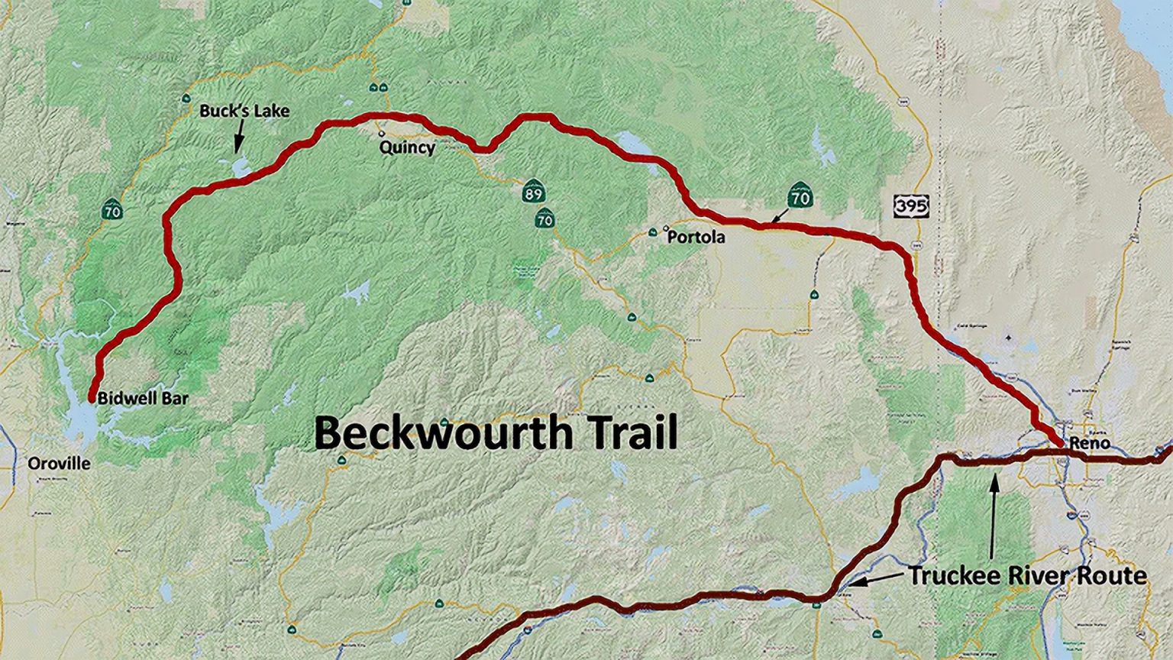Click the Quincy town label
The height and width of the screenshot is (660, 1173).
[x=407, y=147]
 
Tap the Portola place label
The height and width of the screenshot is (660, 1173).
[x=696, y=238]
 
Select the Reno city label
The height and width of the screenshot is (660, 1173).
[x=1090, y=443]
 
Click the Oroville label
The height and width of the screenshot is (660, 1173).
[x=59, y=464]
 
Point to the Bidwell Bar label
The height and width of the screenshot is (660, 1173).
[x=143, y=398]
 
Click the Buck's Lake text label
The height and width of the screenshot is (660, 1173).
[x=244, y=111]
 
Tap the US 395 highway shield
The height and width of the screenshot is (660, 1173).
[x=911, y=205]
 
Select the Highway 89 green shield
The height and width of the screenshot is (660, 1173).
[x=533, y=192]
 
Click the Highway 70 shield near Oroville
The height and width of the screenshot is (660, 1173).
[x=112, y=210]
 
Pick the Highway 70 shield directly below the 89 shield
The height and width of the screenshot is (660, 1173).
[x=544, y=219]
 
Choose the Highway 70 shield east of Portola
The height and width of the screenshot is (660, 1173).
[x=800, y=197]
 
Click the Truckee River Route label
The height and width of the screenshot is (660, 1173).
[x=1027, y=575]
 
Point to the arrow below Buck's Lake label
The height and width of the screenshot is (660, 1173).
[x=238, y=138]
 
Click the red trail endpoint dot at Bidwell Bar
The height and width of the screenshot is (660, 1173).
[x=92, y=398]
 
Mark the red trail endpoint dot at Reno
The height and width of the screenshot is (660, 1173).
[x=1061, y=443]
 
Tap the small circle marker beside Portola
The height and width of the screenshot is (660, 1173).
[x=665, y=228]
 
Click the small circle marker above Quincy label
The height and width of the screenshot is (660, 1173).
[x=382, y=134]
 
